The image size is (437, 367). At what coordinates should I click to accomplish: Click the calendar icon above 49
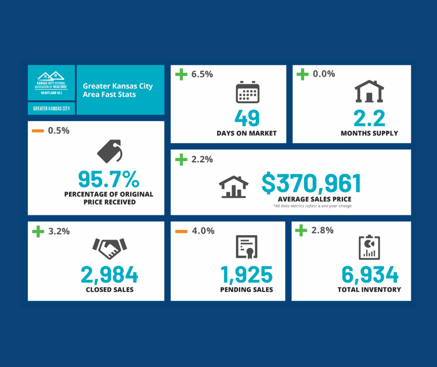[247, 92]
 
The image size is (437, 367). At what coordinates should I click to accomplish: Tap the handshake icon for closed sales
[110, 249]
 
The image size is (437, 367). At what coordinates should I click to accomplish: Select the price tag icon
[110, 151]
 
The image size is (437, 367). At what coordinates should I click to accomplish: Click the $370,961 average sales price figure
[311, 183]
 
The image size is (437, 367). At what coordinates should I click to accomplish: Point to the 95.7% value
[108, 179]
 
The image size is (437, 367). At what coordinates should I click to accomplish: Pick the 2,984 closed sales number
[110, 274]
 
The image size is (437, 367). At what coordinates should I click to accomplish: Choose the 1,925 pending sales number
[246, 274]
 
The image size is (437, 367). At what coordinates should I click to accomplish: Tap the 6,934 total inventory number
[370, 274]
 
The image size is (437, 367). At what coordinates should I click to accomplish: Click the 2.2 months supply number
[369, 118]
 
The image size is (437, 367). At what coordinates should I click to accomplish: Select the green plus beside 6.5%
[181, 74]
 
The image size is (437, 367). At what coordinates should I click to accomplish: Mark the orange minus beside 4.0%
[181, 231]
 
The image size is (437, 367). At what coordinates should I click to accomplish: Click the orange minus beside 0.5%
[38, 131]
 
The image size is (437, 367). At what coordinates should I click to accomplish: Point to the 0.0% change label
[324, 74]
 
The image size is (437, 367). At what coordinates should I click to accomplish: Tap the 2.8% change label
[323, 230]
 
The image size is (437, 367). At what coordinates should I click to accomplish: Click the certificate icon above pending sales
[246, 247]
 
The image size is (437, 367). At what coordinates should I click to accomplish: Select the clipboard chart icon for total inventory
[370, 247]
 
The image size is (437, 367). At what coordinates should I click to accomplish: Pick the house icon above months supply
[369, 91]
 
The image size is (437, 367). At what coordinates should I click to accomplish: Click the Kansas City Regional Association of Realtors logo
[51, 82]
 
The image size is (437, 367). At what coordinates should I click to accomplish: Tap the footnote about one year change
[312, 206]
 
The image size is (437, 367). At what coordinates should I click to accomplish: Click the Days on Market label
[246, 133]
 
